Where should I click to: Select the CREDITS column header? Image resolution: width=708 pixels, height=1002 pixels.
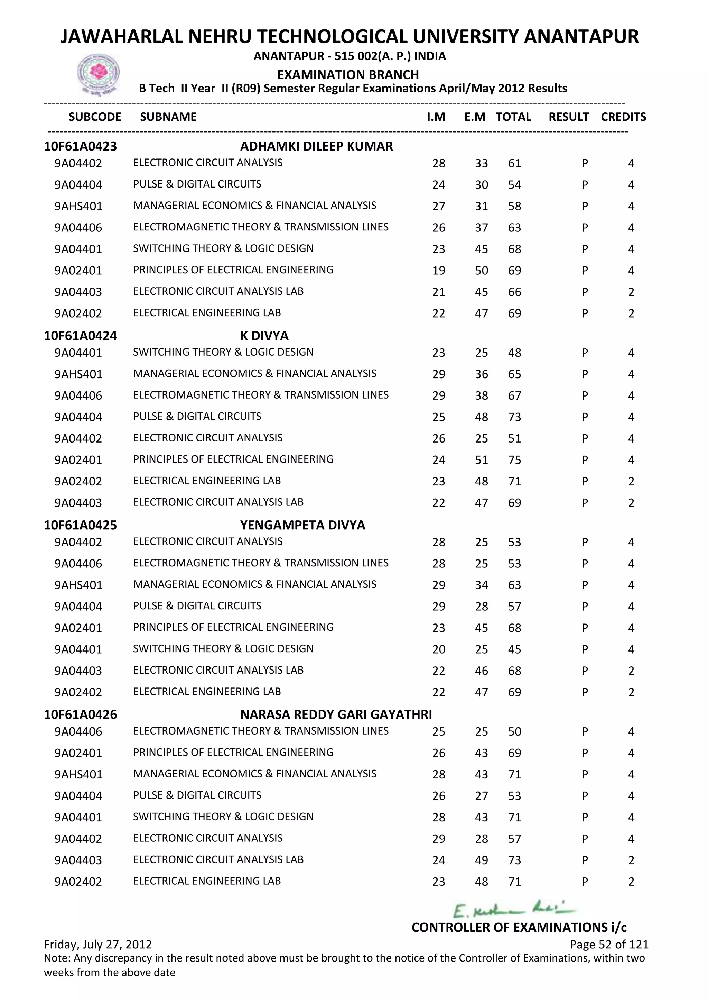point(623,117)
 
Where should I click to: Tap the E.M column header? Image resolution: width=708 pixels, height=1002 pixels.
point(474,117)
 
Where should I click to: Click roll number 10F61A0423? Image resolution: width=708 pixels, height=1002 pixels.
point(80,146)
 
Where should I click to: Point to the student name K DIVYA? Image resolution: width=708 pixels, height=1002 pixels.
point(264,336)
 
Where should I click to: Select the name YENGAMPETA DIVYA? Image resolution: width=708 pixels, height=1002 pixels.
point(302,525)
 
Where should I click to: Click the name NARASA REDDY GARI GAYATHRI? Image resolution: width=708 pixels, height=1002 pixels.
point(336,714)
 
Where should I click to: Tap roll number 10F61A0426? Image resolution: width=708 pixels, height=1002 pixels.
point(80,714)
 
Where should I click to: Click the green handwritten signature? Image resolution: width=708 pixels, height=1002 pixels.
point(514,910)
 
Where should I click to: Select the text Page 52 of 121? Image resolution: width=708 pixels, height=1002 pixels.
point(608,945)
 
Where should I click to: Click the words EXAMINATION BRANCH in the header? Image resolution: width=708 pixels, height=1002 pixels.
point(348,75)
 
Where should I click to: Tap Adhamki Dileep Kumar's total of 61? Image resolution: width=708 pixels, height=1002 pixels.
point(514,164)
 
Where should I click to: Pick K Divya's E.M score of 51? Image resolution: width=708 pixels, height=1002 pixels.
point(481,460)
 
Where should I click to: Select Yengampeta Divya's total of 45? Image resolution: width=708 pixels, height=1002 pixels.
point(514,649)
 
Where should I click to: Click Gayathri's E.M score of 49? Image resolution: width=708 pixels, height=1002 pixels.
point(481,860)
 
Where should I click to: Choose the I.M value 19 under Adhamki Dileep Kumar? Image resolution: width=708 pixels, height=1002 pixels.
point(439,271)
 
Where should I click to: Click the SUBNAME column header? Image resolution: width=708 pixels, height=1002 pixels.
point(168,117)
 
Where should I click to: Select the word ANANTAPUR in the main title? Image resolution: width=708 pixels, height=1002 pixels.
point(581,37)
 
